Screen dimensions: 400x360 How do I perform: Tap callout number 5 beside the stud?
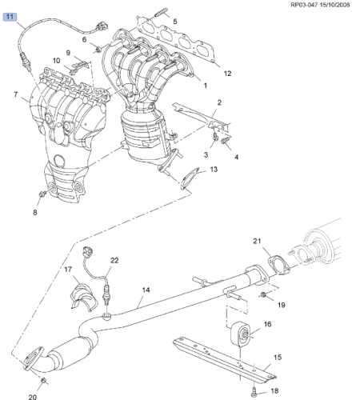[x=174, y=21]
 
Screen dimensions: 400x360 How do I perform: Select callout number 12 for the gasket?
[x=227, y=74]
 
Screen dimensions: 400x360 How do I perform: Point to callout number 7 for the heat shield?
[x=15, y=95]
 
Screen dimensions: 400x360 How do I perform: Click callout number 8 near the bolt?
[x=35, y=213]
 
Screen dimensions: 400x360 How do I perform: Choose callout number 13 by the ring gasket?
[x=213, y=170]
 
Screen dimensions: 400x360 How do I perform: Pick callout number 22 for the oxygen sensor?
[x=114, y=261]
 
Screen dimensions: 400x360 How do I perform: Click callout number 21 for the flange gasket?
[x=257, y=241]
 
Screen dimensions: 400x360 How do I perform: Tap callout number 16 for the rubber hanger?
[x=267, y=324]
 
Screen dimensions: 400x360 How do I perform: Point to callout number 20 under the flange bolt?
[x=33, y=397]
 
